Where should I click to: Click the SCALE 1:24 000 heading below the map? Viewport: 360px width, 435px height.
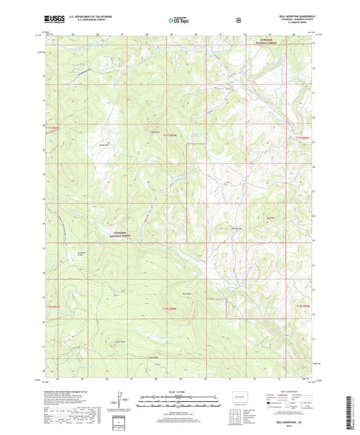coord(180,392)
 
